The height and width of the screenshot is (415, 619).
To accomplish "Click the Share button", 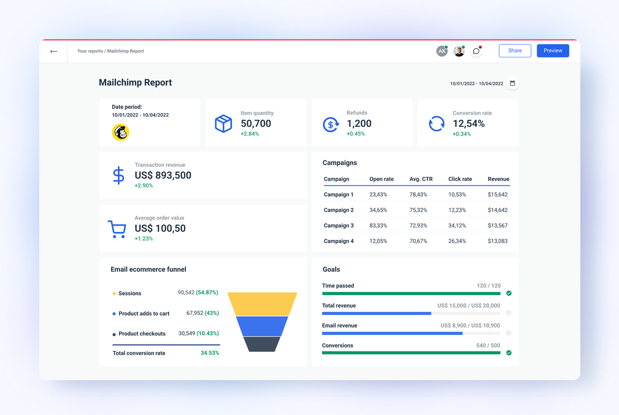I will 515,51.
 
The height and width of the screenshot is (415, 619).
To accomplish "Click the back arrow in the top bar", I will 54,51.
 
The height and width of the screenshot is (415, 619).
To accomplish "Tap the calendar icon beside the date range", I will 512,83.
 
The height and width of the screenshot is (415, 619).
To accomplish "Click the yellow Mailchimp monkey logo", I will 120,132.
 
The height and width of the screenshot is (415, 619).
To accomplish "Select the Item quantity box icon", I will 223,123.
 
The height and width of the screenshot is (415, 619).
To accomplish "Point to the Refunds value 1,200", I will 359,124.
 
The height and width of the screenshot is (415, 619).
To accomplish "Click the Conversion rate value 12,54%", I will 469,124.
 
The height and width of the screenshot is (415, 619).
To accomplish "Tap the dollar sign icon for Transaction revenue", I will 119,175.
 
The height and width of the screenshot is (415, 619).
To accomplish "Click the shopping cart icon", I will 117,229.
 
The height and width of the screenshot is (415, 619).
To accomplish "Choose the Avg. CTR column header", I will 421,179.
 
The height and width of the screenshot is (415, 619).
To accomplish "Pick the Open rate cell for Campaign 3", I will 378,226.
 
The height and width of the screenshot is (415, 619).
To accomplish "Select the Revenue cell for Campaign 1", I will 497,195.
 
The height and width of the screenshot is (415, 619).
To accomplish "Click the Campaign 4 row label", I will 339,241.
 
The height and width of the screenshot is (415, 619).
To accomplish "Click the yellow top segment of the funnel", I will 262,304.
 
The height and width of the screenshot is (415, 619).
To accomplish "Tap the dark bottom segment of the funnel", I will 262,344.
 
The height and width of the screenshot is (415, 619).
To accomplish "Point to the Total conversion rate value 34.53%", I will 210,353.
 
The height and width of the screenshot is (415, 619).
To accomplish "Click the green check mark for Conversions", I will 509,352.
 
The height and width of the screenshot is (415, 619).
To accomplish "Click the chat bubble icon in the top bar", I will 476,51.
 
